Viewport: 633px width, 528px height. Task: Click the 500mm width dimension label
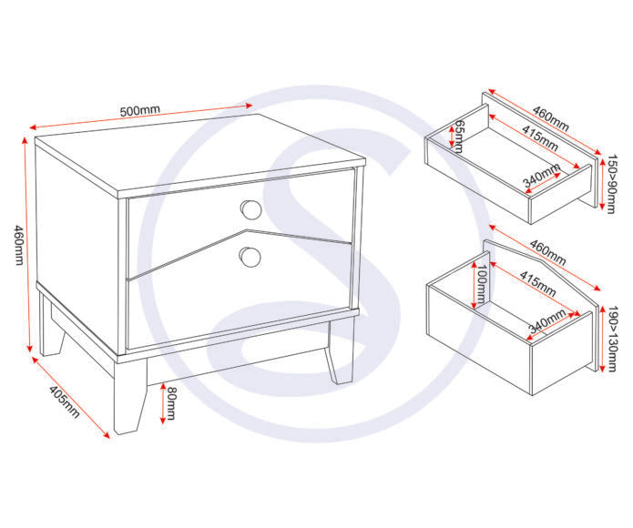pos(139,111)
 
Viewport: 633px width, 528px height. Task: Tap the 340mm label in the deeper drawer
pos(548,320)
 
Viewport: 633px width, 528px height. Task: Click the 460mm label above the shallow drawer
pos(551,118)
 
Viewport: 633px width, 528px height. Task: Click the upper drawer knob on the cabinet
pos(250,209)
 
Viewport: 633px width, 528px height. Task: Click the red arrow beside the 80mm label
pos(162,404)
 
